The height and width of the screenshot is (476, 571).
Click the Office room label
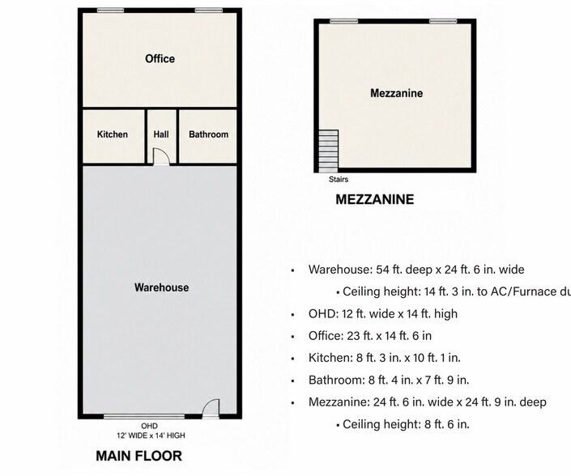tap(160, 58)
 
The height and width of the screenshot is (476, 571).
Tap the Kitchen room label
tap(113, 134)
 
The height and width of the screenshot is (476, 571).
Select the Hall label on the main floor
tap(161, 134)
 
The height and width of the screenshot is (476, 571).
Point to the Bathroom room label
tap(209, 134)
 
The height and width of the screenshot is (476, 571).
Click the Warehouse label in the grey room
tap(162, 287)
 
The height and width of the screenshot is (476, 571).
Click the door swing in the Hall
tap(161, 156)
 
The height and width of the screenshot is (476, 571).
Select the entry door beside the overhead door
tap(211, 408)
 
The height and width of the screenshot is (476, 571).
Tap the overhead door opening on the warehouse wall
tap(144, 416)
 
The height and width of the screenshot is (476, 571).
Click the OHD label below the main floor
tap(149, 426)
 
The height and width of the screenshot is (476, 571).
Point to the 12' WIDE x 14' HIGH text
tap(151, 436)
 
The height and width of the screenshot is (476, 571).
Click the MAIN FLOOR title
tap(138, 456)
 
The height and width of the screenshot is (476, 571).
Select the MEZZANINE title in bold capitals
tap(375, 199)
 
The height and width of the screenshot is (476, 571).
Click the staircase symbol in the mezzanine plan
tap(329, 151)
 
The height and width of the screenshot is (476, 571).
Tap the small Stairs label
tap(339, 180)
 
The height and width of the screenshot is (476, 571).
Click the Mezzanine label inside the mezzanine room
tap(397, 93)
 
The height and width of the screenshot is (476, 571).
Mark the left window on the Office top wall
tap(111, 11)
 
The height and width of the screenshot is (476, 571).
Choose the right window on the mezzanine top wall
tap(443, 22)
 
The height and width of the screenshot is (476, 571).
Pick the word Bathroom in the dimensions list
tap(335, 380)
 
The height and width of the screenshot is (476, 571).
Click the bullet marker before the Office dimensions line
tap(292, 337)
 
